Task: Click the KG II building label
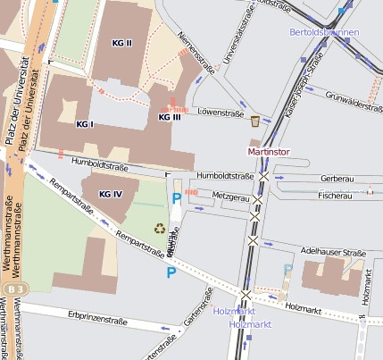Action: click(x=121, y=43)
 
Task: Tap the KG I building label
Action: click(x=85, y=123)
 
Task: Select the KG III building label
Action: click(x=169, y=117)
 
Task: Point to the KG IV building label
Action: click(x=111, y=194)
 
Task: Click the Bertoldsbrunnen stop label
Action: click(x=324, y=32)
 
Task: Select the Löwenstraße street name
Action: click(x=221, y=113)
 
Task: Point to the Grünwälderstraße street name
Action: click(x=354, y=99)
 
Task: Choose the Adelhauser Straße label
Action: click(x=334, y=251)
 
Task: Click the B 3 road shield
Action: click(x=13, y=290)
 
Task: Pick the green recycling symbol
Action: click(x=160, y=229)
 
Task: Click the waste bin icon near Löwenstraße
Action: click(x=255, y=121)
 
